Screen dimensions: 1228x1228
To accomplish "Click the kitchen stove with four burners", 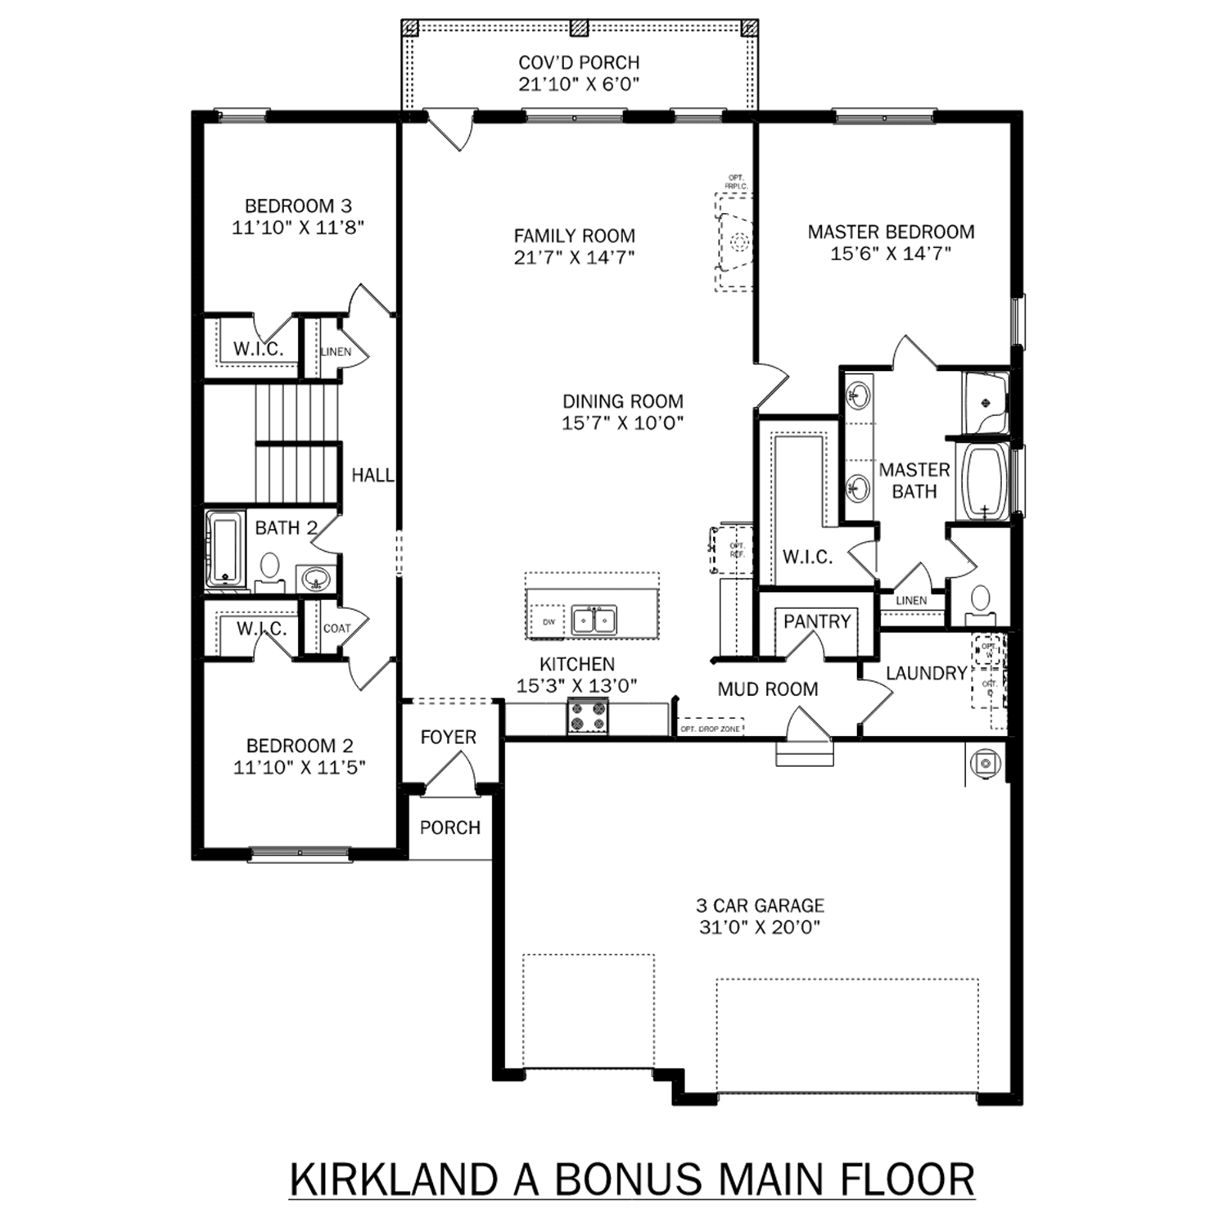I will pos(588,716).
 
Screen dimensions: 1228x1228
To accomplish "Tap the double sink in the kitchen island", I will pos(594,621).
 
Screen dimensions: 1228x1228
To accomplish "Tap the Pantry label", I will pos(816,621).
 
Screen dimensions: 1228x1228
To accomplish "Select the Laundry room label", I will pos(926,673).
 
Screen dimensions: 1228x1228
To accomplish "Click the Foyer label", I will pos(448,737).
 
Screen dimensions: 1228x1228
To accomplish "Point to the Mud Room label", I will pos(767,689).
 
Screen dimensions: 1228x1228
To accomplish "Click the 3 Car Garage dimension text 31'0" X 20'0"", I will pos(760,928).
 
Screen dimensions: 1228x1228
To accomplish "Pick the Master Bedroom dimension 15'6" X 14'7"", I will pos(891,254).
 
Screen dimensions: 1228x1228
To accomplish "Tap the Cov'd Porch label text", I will pos(579,62).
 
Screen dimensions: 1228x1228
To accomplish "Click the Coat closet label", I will pos(336,629).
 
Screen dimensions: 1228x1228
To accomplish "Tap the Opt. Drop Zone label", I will pos(710,729).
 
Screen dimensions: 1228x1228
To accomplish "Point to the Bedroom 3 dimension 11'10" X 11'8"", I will pos(298,228).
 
